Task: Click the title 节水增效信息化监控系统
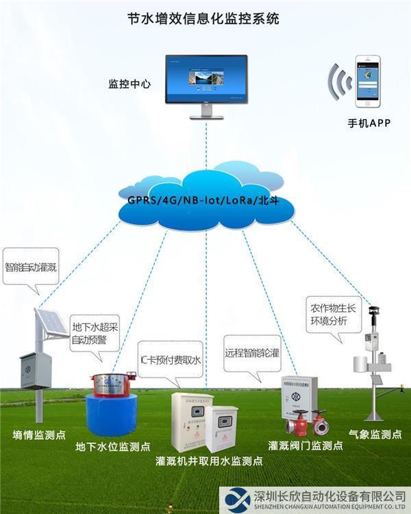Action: [x=204, y=19]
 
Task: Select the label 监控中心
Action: [x=129, y=85]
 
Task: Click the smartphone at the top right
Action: [x=366, y=80]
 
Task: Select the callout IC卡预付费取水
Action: [x=170, y=359]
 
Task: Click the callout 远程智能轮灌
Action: [x=252, y=354]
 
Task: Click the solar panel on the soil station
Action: [x=51, y=323]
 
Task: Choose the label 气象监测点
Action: [x=375, y=435]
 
